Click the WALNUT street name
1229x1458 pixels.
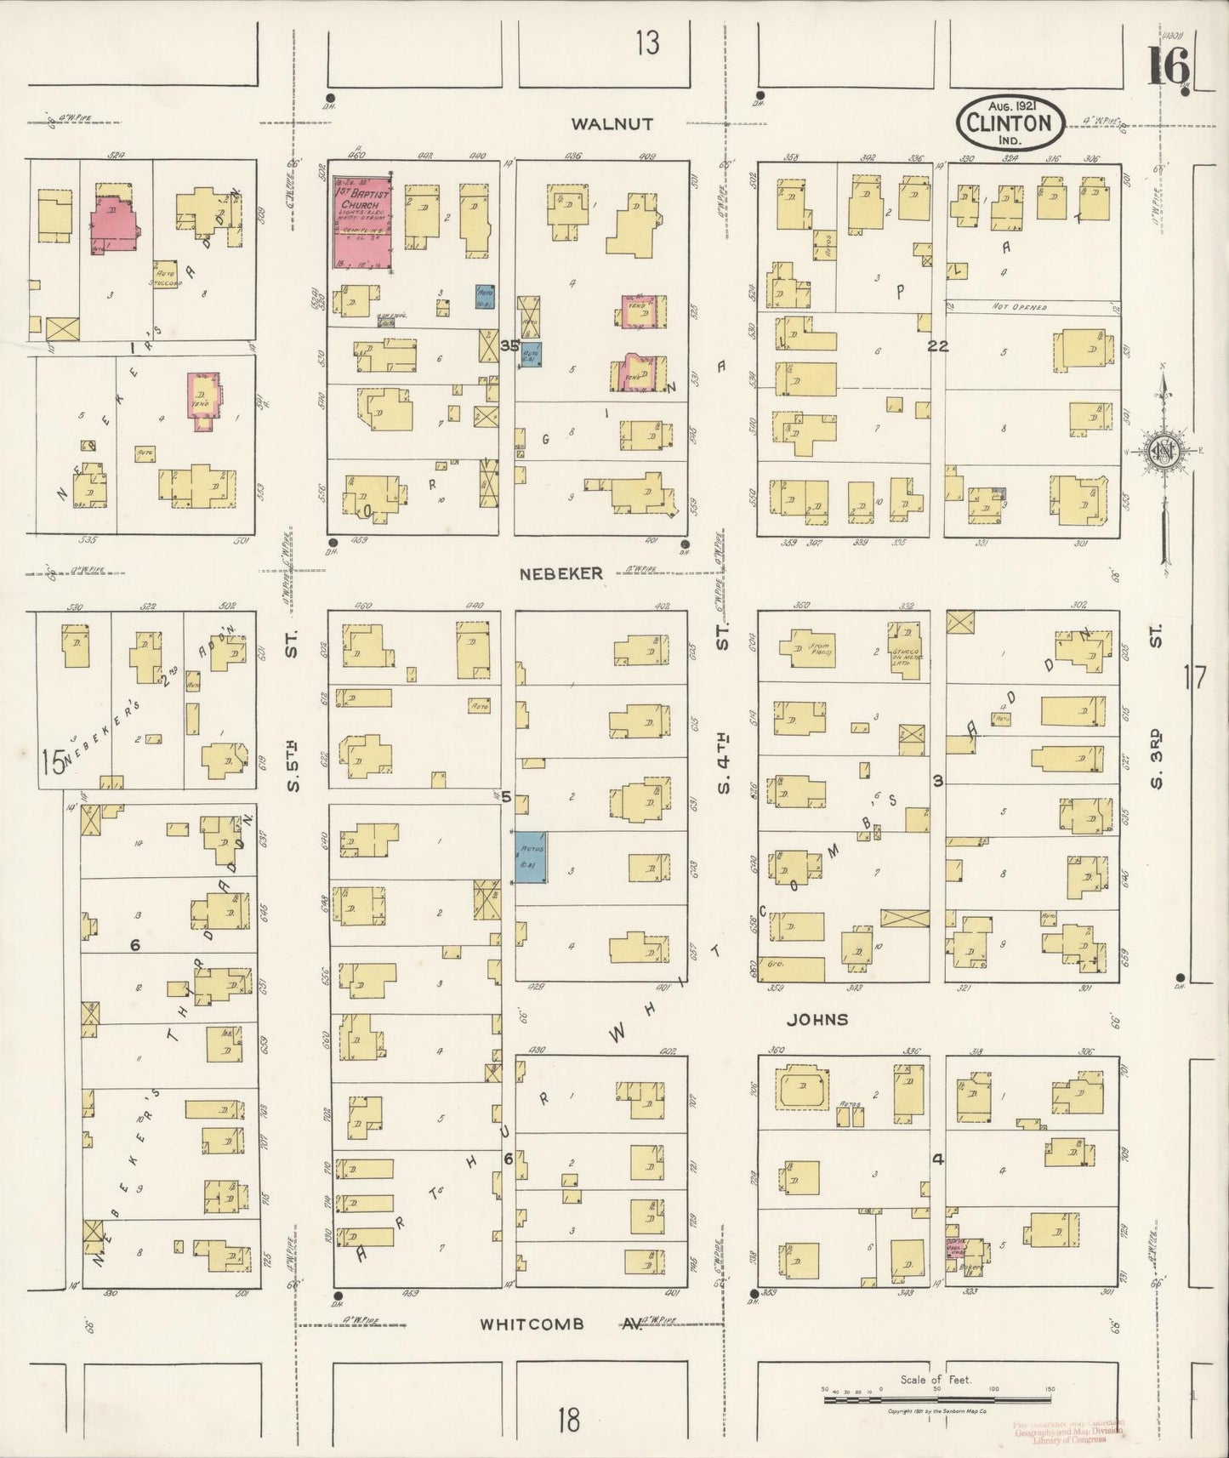(x=612, y=123)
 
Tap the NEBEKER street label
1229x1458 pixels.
(x=562, y=573)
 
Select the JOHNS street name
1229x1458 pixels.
(x=817, y=1019)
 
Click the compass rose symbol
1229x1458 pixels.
(x=1160, y=451)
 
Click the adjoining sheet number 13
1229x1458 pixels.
(x=647, y=43)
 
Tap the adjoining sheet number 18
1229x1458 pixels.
(x=569, y=1420)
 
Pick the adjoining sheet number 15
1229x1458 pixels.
(x=52, y=762)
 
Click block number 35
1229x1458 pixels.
(x=509, y=345)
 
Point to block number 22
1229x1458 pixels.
(x=937, y=346)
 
